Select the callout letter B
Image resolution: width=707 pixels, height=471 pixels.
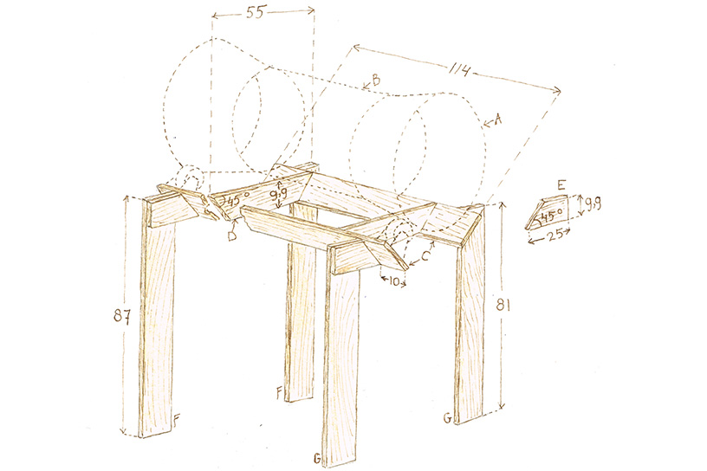pos(375,81)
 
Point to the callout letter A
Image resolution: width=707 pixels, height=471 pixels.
pos(497,121)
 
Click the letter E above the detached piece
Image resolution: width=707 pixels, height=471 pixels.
pos(561,184)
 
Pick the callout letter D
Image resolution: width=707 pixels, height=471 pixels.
pos(233,235)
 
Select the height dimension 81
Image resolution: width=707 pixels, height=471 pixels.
pos(518,305)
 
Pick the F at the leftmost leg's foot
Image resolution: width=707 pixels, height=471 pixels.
pos(177,421)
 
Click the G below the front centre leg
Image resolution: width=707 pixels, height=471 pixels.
pos(318,456)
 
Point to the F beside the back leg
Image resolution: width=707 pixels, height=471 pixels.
pos(279,393)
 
